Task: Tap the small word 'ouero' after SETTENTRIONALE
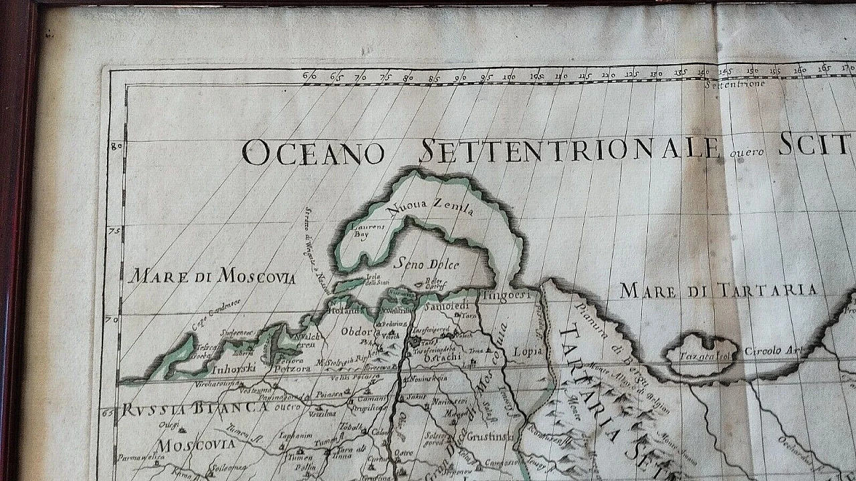746,153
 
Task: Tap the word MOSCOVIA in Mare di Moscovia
256,277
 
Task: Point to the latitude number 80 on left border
116,146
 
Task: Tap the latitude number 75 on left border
114,231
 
